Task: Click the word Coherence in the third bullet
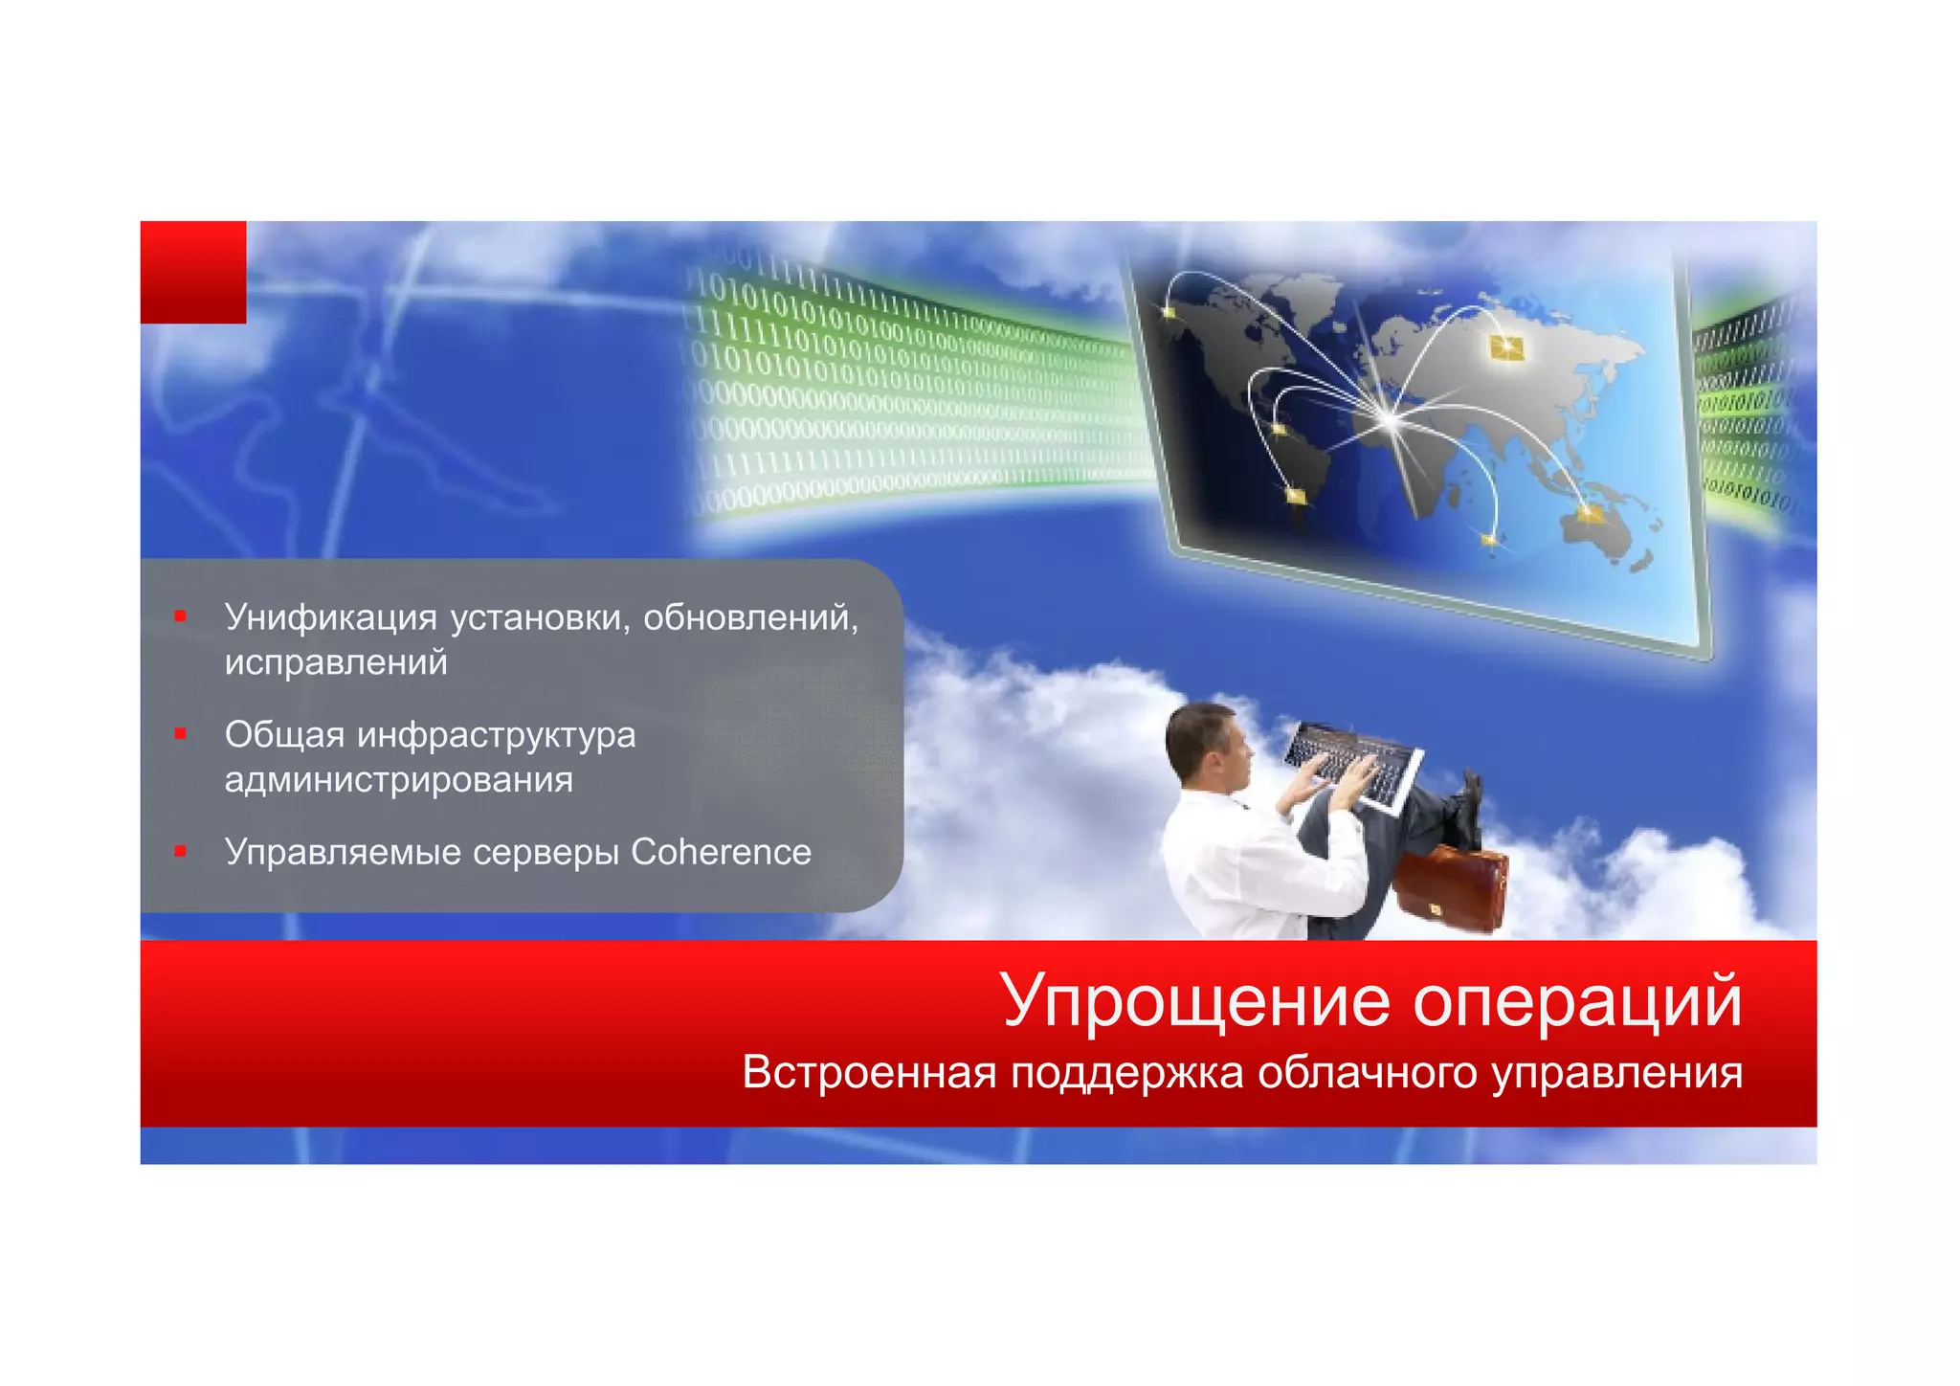(721, 852)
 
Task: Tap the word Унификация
(330, 618)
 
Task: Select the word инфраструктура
(497, 735)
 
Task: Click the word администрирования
(398, 780)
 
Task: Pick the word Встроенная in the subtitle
(869, 1072)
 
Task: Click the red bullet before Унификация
(180, 616)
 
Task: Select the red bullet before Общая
(180, 734)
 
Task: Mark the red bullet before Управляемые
(180, 851)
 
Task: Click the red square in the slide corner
(193, 272)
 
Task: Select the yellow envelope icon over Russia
(1506, 347)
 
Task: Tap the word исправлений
(336, 662)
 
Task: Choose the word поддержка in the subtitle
(1127, 1072)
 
